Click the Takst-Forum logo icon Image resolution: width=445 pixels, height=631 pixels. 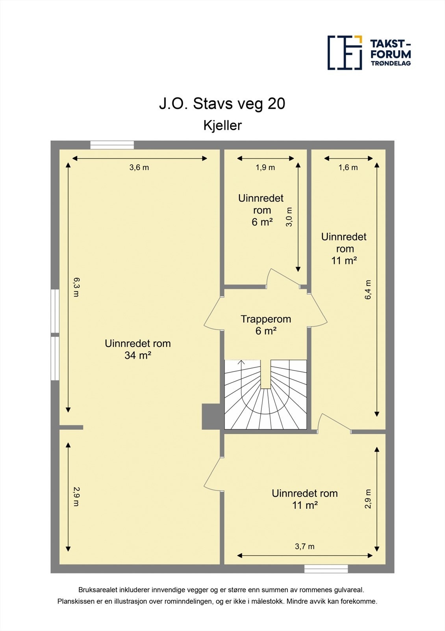point(345,52)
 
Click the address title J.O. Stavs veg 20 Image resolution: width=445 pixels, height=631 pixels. point(222,104)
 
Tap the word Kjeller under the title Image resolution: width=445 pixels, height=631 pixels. point(222,125)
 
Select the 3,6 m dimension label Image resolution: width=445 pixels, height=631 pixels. point(139,168)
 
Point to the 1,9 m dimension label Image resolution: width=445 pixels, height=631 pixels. point(265,168)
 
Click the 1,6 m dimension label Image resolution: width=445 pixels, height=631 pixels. point(348,168)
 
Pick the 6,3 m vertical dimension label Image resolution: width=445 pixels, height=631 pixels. point(76,287)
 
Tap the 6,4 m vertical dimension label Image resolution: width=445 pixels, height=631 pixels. point(368,290)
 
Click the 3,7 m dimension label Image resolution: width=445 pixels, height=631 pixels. point(304,547)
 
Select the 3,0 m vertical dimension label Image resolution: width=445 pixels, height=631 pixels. point(289,217)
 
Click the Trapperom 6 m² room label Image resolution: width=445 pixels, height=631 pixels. point(266,325)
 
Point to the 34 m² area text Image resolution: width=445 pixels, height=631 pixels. point(138,355)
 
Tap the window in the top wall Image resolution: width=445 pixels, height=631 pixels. point(112,145)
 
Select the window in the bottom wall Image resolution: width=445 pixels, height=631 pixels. point(326,569)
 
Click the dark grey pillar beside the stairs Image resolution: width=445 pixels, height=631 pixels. point(210,416)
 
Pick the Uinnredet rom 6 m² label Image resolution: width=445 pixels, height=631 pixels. point(261,210)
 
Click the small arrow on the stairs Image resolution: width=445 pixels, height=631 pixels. point(242,362)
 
